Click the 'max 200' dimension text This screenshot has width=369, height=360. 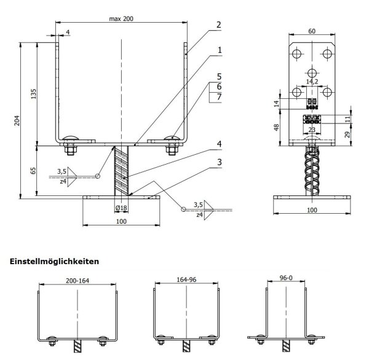122,19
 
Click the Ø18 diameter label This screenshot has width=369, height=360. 122,208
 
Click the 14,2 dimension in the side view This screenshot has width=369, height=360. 312,80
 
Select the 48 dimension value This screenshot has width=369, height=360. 276,127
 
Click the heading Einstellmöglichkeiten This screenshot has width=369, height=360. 55,261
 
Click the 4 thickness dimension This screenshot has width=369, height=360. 67,31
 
